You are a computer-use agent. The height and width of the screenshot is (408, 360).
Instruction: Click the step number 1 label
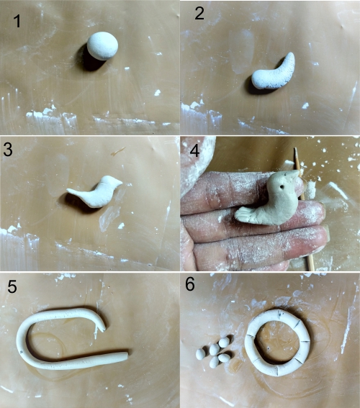(17, 21)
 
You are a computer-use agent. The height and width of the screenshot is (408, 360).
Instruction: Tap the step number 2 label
(199, 13)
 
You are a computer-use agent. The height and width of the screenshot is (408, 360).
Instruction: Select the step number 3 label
(8, 150)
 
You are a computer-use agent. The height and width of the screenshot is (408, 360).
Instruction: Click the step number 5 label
(12, 286)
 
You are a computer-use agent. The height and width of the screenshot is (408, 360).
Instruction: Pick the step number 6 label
(190, 284)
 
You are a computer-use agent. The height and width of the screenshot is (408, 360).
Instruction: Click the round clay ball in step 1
(102, 46)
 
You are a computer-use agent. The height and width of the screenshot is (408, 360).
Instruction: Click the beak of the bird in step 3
(120, 182)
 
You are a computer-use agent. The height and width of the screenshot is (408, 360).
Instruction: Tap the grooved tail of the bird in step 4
(244, 214)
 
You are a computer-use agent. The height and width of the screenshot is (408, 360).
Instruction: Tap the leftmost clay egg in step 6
(200, 354)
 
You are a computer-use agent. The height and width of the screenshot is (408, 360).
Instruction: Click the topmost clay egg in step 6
(224, 343)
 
